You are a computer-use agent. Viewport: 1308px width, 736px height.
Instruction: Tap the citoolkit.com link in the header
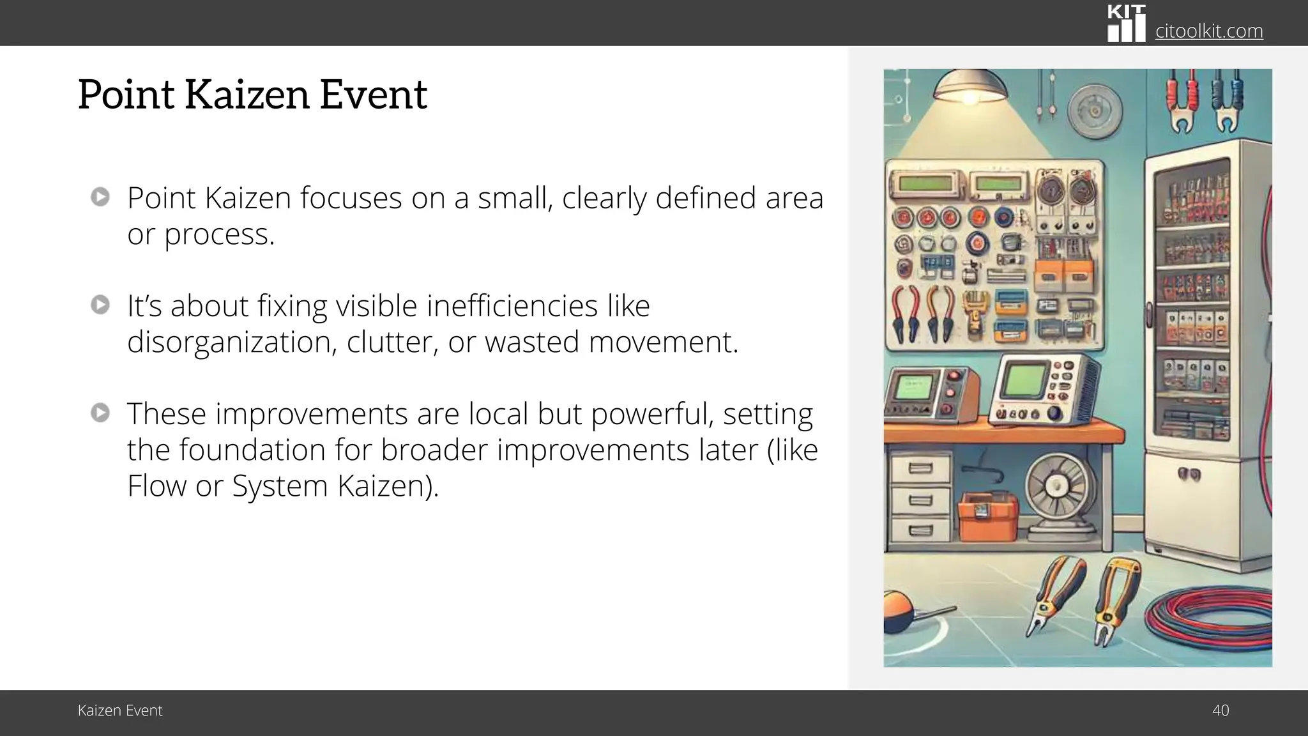pos(1208,31)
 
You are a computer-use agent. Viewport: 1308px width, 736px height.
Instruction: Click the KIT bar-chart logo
pos(1126,24)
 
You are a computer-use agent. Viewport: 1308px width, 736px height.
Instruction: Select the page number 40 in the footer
pos(1220,710)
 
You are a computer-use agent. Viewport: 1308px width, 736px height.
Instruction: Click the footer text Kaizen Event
pos(120,710)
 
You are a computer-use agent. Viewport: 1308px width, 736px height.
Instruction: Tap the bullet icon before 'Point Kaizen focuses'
pos(100,197)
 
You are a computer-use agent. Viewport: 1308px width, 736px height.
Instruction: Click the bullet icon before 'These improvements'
pos(100,413)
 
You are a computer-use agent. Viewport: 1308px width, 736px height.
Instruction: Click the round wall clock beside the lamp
pos(1095,112)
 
